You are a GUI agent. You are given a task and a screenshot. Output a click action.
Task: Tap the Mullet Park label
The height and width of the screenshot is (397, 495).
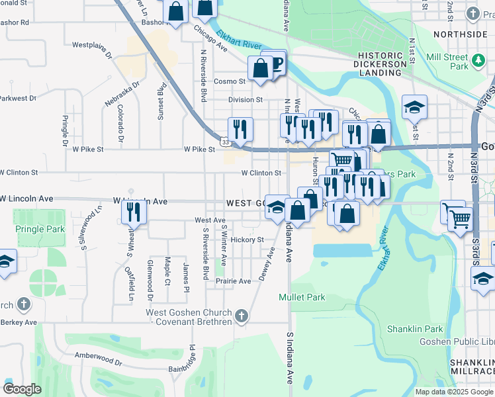coord(302,297)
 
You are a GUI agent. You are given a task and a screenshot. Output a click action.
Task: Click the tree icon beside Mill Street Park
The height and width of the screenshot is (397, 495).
coord(478,62)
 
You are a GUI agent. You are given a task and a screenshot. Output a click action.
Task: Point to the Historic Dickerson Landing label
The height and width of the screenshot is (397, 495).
coord(380,65)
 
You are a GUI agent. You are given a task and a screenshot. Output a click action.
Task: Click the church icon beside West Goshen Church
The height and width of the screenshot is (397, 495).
coord(241,316)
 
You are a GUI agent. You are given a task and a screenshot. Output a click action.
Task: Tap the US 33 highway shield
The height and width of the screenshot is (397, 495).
coord(226,141)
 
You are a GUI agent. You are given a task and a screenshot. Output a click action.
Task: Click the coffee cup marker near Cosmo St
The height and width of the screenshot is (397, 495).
coord(275,62)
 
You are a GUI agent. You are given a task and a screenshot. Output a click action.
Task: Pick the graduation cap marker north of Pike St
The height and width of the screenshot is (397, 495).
coord(414,107)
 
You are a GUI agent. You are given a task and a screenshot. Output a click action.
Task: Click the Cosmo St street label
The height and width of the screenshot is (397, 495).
coord(230,81)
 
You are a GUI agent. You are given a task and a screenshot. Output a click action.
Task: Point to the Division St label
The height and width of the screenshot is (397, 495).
coord(245,100)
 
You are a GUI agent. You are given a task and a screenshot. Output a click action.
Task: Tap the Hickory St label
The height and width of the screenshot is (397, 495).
coord(247,240)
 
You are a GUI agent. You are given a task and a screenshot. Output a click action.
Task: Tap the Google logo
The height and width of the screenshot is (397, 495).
coord(22,389)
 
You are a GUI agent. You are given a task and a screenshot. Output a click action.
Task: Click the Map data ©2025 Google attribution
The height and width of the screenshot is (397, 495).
coord(454,392)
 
